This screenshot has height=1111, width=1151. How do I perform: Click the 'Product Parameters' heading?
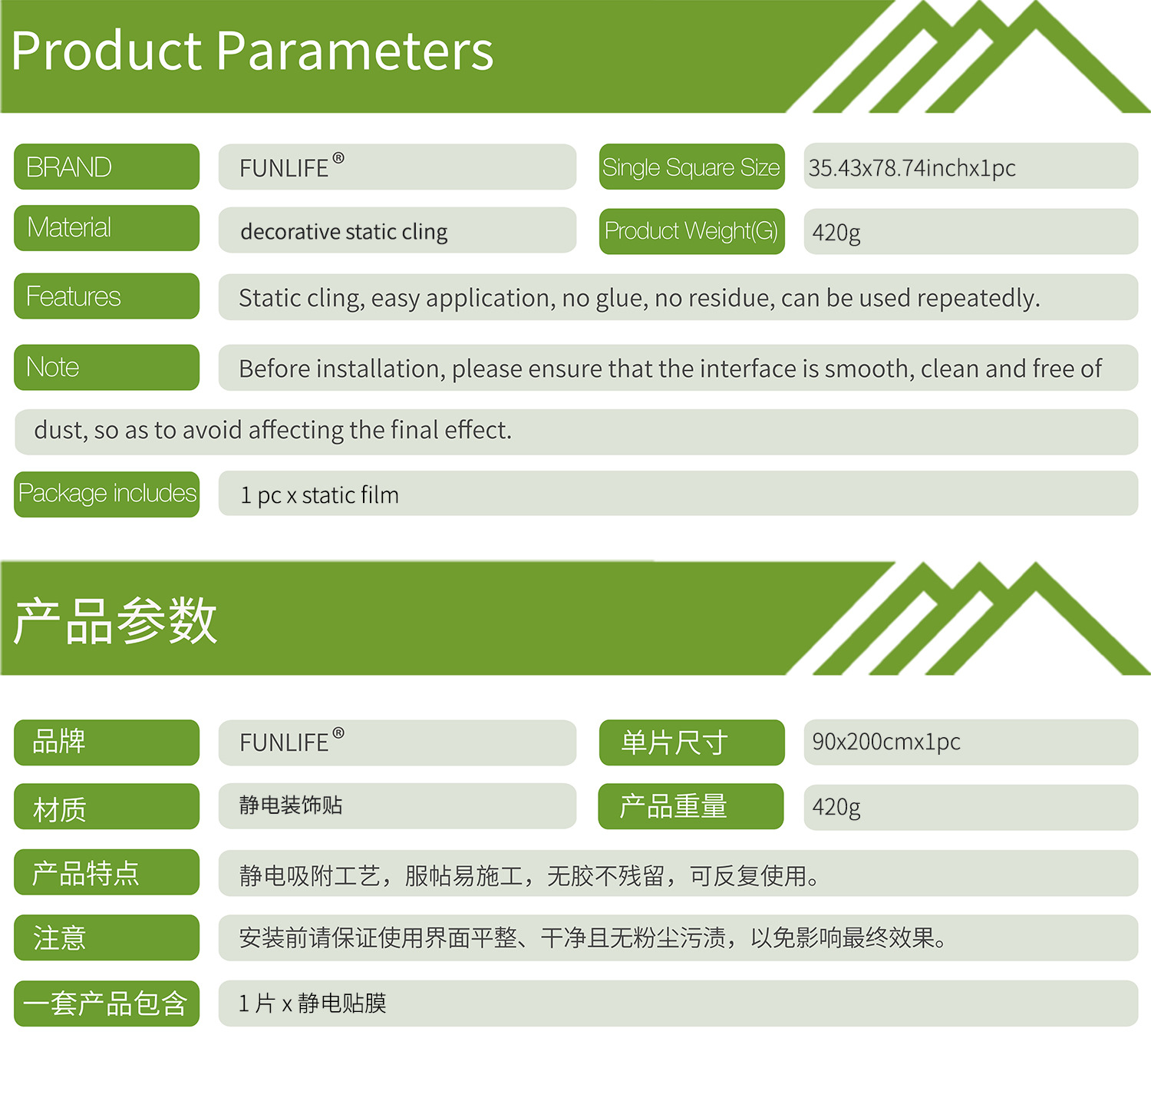click(x=252, y=52)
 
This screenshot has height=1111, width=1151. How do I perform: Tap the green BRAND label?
click(x=107, y=167)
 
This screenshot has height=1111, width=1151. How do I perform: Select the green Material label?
click(x=107, y=228)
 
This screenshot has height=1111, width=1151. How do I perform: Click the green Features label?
click(x=107, y=296)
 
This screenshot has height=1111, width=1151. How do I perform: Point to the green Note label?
click(x=107, y=367)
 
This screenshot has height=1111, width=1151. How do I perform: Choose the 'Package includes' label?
click(x=107, y=494)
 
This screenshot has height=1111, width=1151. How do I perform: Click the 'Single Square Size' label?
click(x=691, y=167)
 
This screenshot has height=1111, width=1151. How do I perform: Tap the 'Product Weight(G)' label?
click(x=691, y=231)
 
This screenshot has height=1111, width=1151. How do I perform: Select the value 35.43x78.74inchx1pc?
click(x=912, y=168)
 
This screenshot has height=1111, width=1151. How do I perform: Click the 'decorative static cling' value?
click(x=344, y=232)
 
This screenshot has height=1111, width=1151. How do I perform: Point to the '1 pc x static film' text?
click(x=319, y=495)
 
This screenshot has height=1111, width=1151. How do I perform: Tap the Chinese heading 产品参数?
click(x=115, y=620)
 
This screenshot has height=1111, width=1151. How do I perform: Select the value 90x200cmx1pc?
click(x=886, y=742)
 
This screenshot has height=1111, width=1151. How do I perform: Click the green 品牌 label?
click(x=107, y=742)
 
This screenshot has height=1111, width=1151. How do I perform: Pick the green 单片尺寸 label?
click(x=691, y=742)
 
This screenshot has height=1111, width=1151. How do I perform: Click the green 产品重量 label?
click(x=691, y=806)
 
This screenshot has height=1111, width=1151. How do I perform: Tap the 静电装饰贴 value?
click(x=291, y=805)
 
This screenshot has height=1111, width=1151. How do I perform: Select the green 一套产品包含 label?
click(x=107, y=1004)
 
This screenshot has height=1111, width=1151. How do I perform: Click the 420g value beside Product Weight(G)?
click(x=836, y=233)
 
